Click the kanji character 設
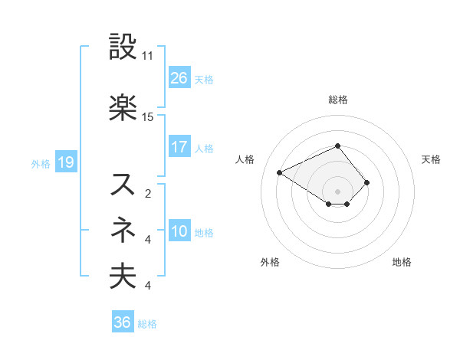pos(123,47)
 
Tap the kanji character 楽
pos(123,107)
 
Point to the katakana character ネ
pos(123,229)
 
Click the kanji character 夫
pos(123,276)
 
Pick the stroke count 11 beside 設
pos(148,56)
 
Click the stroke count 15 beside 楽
pos(148,116)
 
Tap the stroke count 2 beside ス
pos(147,193)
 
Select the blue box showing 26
pos(179,78)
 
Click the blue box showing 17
pos(179,147)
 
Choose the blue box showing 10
pos(179,231)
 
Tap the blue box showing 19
pos(65,162)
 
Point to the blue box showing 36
pos(122,322)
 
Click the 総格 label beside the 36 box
pos(148,324)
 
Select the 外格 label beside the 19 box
pos(41,163)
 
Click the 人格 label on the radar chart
pos(245,159)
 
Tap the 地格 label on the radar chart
pos(402,262)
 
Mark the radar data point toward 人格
pos(280,172)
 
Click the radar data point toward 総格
pos(337,146)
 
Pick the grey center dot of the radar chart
pos(337,190)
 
